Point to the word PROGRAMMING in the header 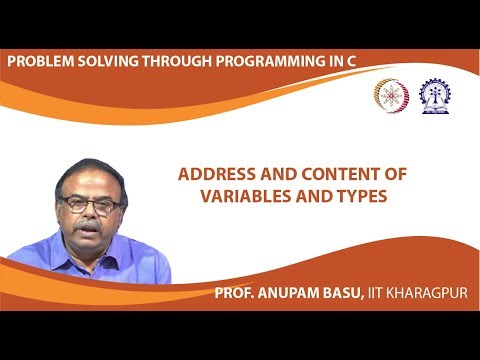(x=263, y=62)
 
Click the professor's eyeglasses (x=91, y=203)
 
